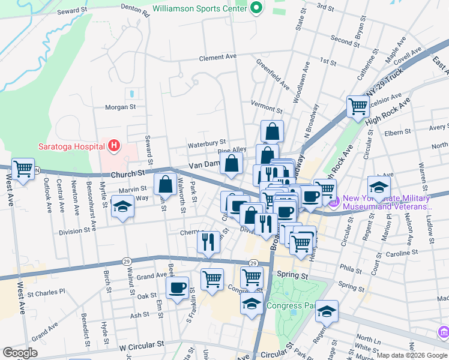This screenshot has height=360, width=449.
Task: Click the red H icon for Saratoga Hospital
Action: [113, 145]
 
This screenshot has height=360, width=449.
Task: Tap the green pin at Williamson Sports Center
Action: [257, 8]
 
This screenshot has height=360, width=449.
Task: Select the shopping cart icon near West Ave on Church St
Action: [23, 170]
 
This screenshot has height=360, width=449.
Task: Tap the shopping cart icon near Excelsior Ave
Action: [358, 106]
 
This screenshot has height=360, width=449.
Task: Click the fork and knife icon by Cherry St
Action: [208, 242]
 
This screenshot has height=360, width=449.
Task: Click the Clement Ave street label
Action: [218, 58]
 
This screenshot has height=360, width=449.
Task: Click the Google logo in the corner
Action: [20, 352]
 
